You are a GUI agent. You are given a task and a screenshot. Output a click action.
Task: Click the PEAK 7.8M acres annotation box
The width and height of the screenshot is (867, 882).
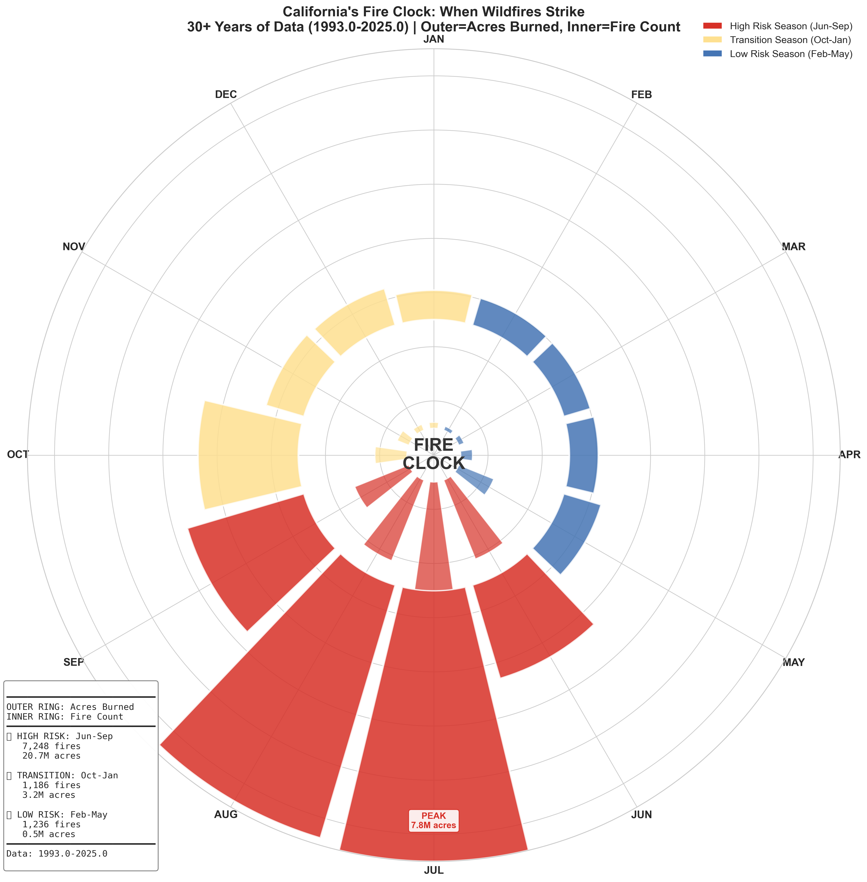click(x=433, y=820)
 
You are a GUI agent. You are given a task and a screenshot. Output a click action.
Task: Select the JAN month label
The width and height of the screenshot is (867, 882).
click(x=433, y=39)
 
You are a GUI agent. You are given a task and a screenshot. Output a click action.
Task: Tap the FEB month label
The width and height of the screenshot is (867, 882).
click(x=642, y=95)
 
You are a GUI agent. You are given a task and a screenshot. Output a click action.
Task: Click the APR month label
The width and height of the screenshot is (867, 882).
click(x=850, y=454)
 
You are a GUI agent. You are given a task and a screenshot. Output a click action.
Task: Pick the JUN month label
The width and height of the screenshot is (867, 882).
click(x=642, y=815)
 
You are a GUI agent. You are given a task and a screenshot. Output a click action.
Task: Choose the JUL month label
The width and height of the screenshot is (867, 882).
click(x=433, y=871)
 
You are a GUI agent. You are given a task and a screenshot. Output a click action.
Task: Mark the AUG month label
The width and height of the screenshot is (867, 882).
click(x=226, y=815)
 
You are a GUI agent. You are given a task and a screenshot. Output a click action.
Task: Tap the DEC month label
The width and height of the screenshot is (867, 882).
click(x=226, y=95)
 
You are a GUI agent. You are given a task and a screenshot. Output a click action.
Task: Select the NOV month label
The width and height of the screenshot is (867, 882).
click(x=74, y=247)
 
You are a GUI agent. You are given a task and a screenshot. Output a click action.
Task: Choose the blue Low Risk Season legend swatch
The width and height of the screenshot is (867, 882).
click(x=713, y=54)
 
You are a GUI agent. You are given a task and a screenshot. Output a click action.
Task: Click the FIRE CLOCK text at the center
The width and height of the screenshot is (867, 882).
click(x=433, y=454)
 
